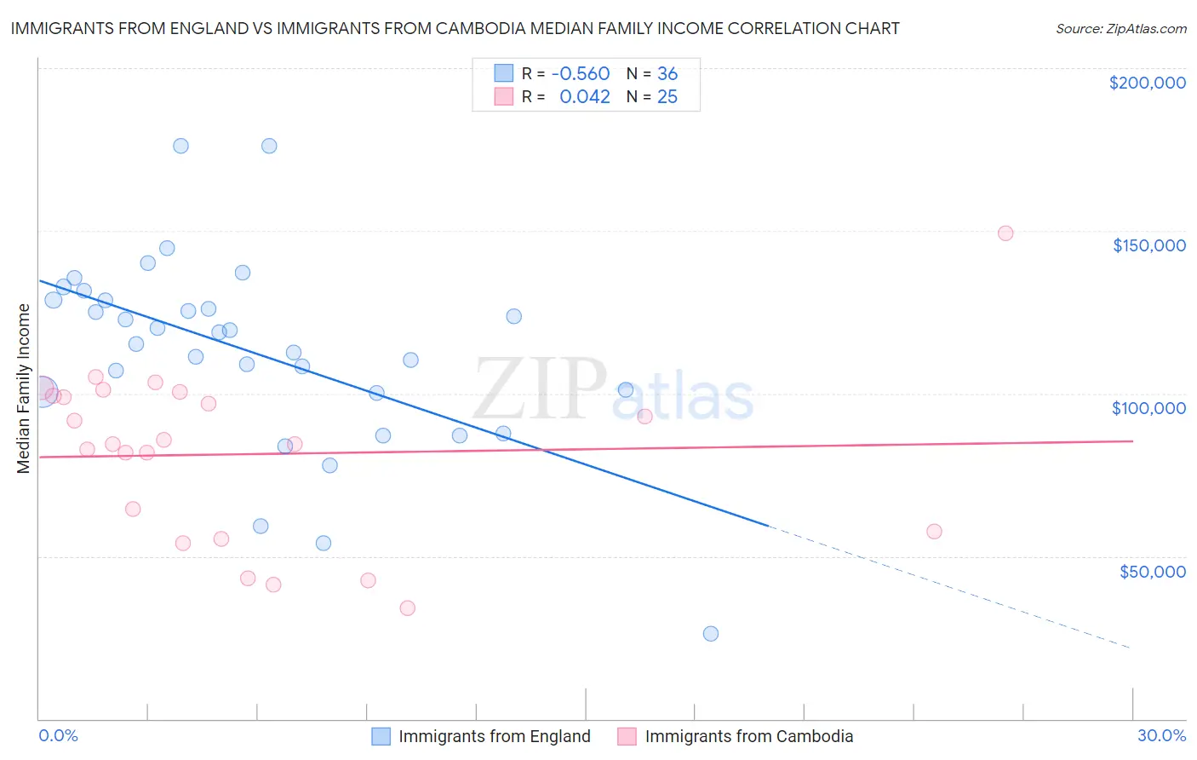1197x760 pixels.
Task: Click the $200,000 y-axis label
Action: point(1147,83)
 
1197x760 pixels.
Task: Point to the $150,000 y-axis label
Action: point(1148,245)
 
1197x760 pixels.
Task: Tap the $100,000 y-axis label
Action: point(1148,408)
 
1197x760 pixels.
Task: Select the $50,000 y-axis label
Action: point(1152,571)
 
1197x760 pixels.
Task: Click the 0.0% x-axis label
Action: point(58,735)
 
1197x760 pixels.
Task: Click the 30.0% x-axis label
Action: point(1161,735)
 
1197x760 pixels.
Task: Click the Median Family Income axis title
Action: point(24,389)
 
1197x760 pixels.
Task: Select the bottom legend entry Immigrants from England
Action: point(494,736)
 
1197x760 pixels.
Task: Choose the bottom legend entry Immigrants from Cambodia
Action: point(748,736)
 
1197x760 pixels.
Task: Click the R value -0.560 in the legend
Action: point(581,74)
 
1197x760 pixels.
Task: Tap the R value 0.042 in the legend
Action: point(585,97)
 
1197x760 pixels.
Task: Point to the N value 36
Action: point(667,74)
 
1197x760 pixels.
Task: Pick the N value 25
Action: point(667,97)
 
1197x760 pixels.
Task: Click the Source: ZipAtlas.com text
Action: point(1120,29)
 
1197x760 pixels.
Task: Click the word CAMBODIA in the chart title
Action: point(478,29)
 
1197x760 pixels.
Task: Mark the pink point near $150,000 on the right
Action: point(1005,233)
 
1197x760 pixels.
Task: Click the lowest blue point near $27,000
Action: point(711,634)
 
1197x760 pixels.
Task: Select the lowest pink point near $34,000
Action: point(407,608)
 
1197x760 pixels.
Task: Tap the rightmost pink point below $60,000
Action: point(934,532)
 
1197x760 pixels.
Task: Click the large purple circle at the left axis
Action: point(42,391)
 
